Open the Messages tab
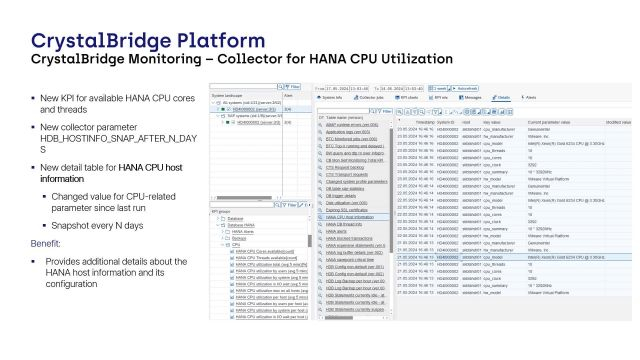(x=472, y=98)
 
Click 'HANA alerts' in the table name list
(x=338, y=232)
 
